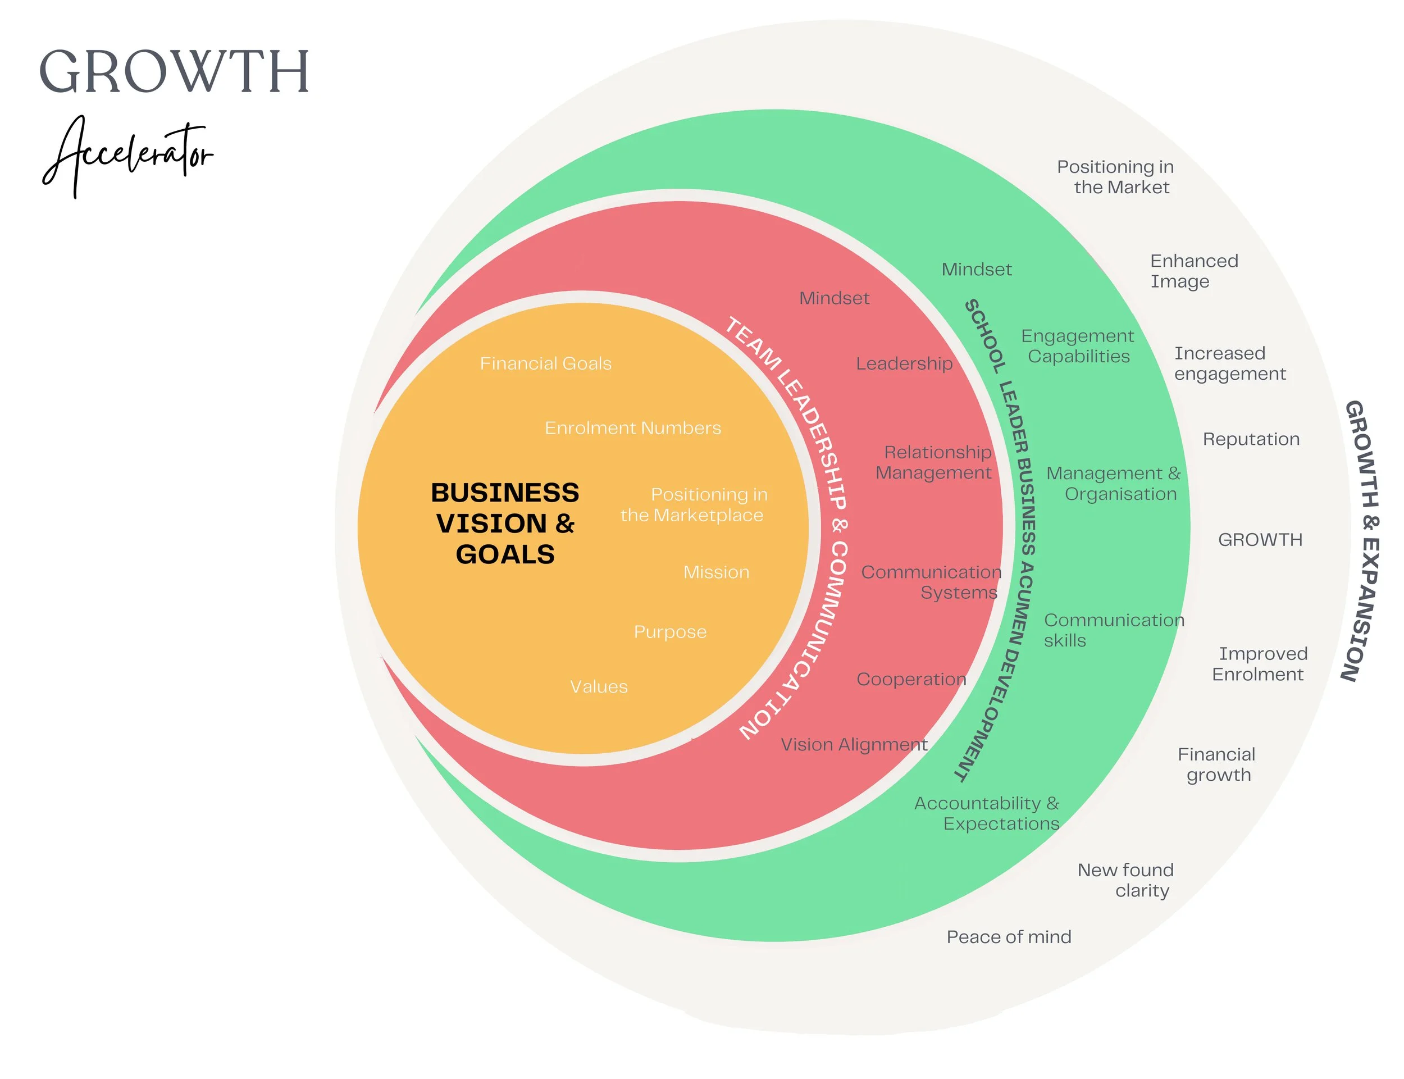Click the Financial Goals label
[545, 363]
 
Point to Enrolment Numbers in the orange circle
[632, 428]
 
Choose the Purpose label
[669, 632]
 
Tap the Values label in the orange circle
[598, 686]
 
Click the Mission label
[716, 572]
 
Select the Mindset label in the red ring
[833, 298]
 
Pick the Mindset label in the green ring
[976, 269]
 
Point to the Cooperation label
[910, 679]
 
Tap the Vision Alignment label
[853, 744]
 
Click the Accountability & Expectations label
[986, 813]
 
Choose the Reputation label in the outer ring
[1251, 439]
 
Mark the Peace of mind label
[1008, 937]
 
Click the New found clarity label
[1125, 880]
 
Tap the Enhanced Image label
[1193, 271]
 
